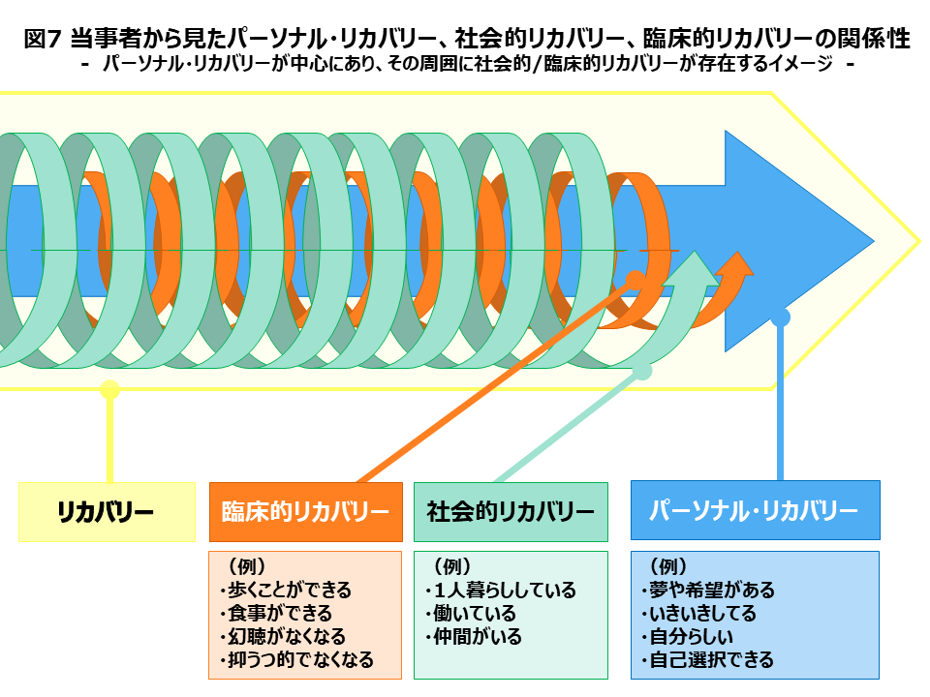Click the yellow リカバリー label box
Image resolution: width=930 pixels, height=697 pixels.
click(x=107, y=512)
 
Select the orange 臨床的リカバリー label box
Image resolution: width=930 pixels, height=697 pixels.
click(x=305, y=512)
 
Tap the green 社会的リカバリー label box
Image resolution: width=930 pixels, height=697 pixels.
click(x=511, y=512)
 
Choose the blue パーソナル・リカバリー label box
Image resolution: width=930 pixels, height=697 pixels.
click(x=755, y=510)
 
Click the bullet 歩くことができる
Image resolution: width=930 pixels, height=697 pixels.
click(x=285, y=590)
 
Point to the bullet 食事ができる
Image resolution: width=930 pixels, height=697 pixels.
click(x=276, y=613)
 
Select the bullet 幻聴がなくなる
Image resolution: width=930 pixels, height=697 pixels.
click(x=282, y=637)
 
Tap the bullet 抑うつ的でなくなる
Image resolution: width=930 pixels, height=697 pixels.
click(x=296, y=659)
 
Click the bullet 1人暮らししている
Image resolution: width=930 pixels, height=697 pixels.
click(x=500, y=590)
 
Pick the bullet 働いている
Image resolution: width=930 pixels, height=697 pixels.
click(x=471, y=613)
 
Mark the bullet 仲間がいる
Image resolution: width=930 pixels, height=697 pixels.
click(x=474, y=637)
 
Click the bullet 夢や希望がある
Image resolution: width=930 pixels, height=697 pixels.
click(x=708, y=590)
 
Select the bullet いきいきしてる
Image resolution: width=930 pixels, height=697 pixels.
click(x=698, y=613)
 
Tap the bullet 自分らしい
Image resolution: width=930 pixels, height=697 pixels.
click(x=688, y=637)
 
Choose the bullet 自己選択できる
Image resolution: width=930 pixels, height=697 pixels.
click(x=707, y=659)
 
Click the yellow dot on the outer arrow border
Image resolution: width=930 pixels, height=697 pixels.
click(x=109, y=389)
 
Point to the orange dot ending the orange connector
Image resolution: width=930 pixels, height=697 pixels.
click(x=635, y=281)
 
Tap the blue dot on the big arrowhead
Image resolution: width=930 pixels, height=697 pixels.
click(x=781, y=318)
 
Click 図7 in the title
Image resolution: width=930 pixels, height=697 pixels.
click(x=43, y=39)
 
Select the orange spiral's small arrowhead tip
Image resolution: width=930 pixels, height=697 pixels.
click(x=738, y=252)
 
